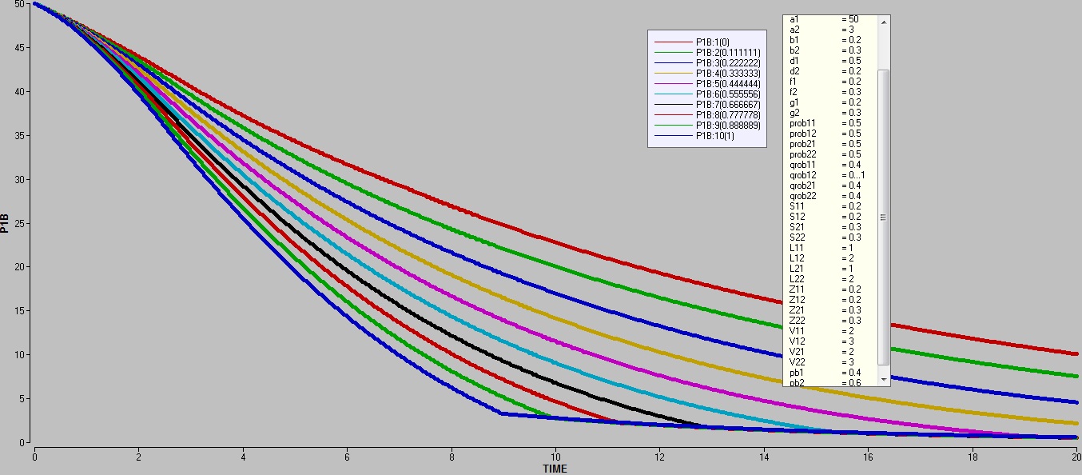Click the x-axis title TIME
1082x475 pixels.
[x=555, y=469]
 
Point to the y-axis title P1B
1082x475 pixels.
[x=6, y=223]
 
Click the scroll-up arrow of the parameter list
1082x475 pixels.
[x=883, y=22]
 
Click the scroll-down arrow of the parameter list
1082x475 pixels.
[x=883, y=378]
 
